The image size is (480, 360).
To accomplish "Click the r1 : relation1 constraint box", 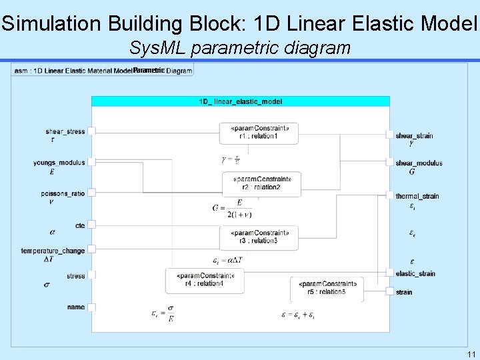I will tap(259, 133).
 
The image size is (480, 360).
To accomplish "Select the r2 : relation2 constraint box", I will tap(261, 184).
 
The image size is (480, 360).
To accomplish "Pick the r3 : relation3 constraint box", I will tap(259, 237).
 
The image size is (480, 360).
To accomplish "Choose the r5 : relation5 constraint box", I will tap(327, 288).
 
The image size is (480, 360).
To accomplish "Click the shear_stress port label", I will tap(65, 132).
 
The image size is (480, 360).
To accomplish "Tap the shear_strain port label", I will tap(414, 136).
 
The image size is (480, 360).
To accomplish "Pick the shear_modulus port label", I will tap(419, 163).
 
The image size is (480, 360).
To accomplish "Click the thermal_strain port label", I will tap(417, 197).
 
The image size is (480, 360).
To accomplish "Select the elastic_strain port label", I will tap(415, 273).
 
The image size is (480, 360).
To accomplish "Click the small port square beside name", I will tap(92, 307).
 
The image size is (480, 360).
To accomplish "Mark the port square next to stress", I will tap(92, 275).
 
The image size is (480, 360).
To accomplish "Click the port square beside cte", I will tap(92, 226).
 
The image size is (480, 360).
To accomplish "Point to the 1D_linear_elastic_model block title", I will tap(241, 101).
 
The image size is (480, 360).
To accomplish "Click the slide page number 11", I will tap(471, 353).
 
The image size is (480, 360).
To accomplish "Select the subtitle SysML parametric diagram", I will tap(240, 48).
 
